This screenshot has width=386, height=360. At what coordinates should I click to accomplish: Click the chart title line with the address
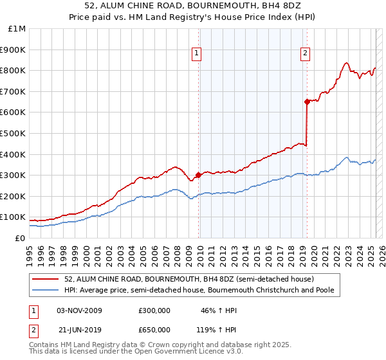pos(193,7)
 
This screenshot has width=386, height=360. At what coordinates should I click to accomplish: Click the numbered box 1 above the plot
pos(196,54)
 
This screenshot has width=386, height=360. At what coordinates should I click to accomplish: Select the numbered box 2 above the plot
pos(305,54)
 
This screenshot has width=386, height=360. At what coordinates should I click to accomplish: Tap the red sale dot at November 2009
pos(198,174)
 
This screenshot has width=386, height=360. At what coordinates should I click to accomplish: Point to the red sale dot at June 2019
pos(308,101)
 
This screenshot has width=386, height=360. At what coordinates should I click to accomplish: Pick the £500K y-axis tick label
pos(13,134)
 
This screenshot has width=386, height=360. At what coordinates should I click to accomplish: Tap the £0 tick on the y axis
pos(21,238)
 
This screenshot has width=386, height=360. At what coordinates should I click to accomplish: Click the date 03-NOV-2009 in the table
pos(80,310)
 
